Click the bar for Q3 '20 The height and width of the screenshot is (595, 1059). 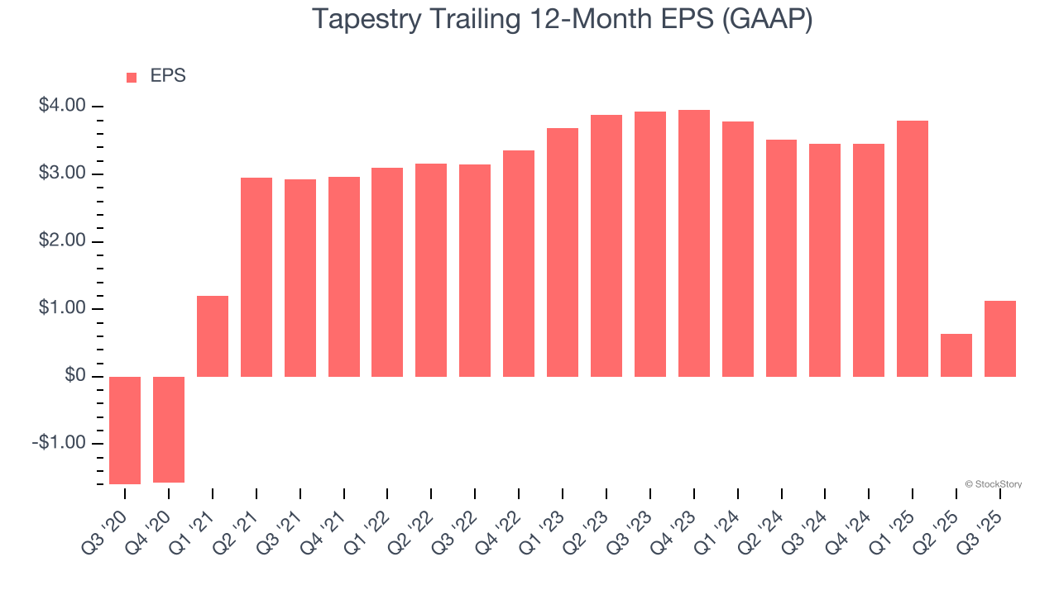coord(125,430)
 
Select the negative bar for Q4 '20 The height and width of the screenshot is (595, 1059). coord(169,429)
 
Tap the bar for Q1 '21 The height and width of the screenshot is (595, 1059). coord(213,336)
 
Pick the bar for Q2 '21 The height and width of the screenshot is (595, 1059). coord(256,277)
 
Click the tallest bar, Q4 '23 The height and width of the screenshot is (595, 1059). coord(694,243)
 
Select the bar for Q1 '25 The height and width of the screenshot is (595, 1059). coord(913,249)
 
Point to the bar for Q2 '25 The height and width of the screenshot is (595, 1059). coord(956,355)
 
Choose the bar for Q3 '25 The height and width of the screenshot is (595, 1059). coord(1000,339)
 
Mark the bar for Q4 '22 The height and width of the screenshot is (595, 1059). coord(519,264)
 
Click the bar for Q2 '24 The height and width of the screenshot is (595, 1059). coord(781,258)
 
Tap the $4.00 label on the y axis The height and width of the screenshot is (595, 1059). coord(62,106)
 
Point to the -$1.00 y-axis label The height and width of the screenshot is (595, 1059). coord(59,444)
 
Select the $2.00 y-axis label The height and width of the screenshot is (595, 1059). coord(62,241)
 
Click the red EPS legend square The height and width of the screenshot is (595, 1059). coord(132,78)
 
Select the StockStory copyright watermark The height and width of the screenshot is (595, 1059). coord(993,484)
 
